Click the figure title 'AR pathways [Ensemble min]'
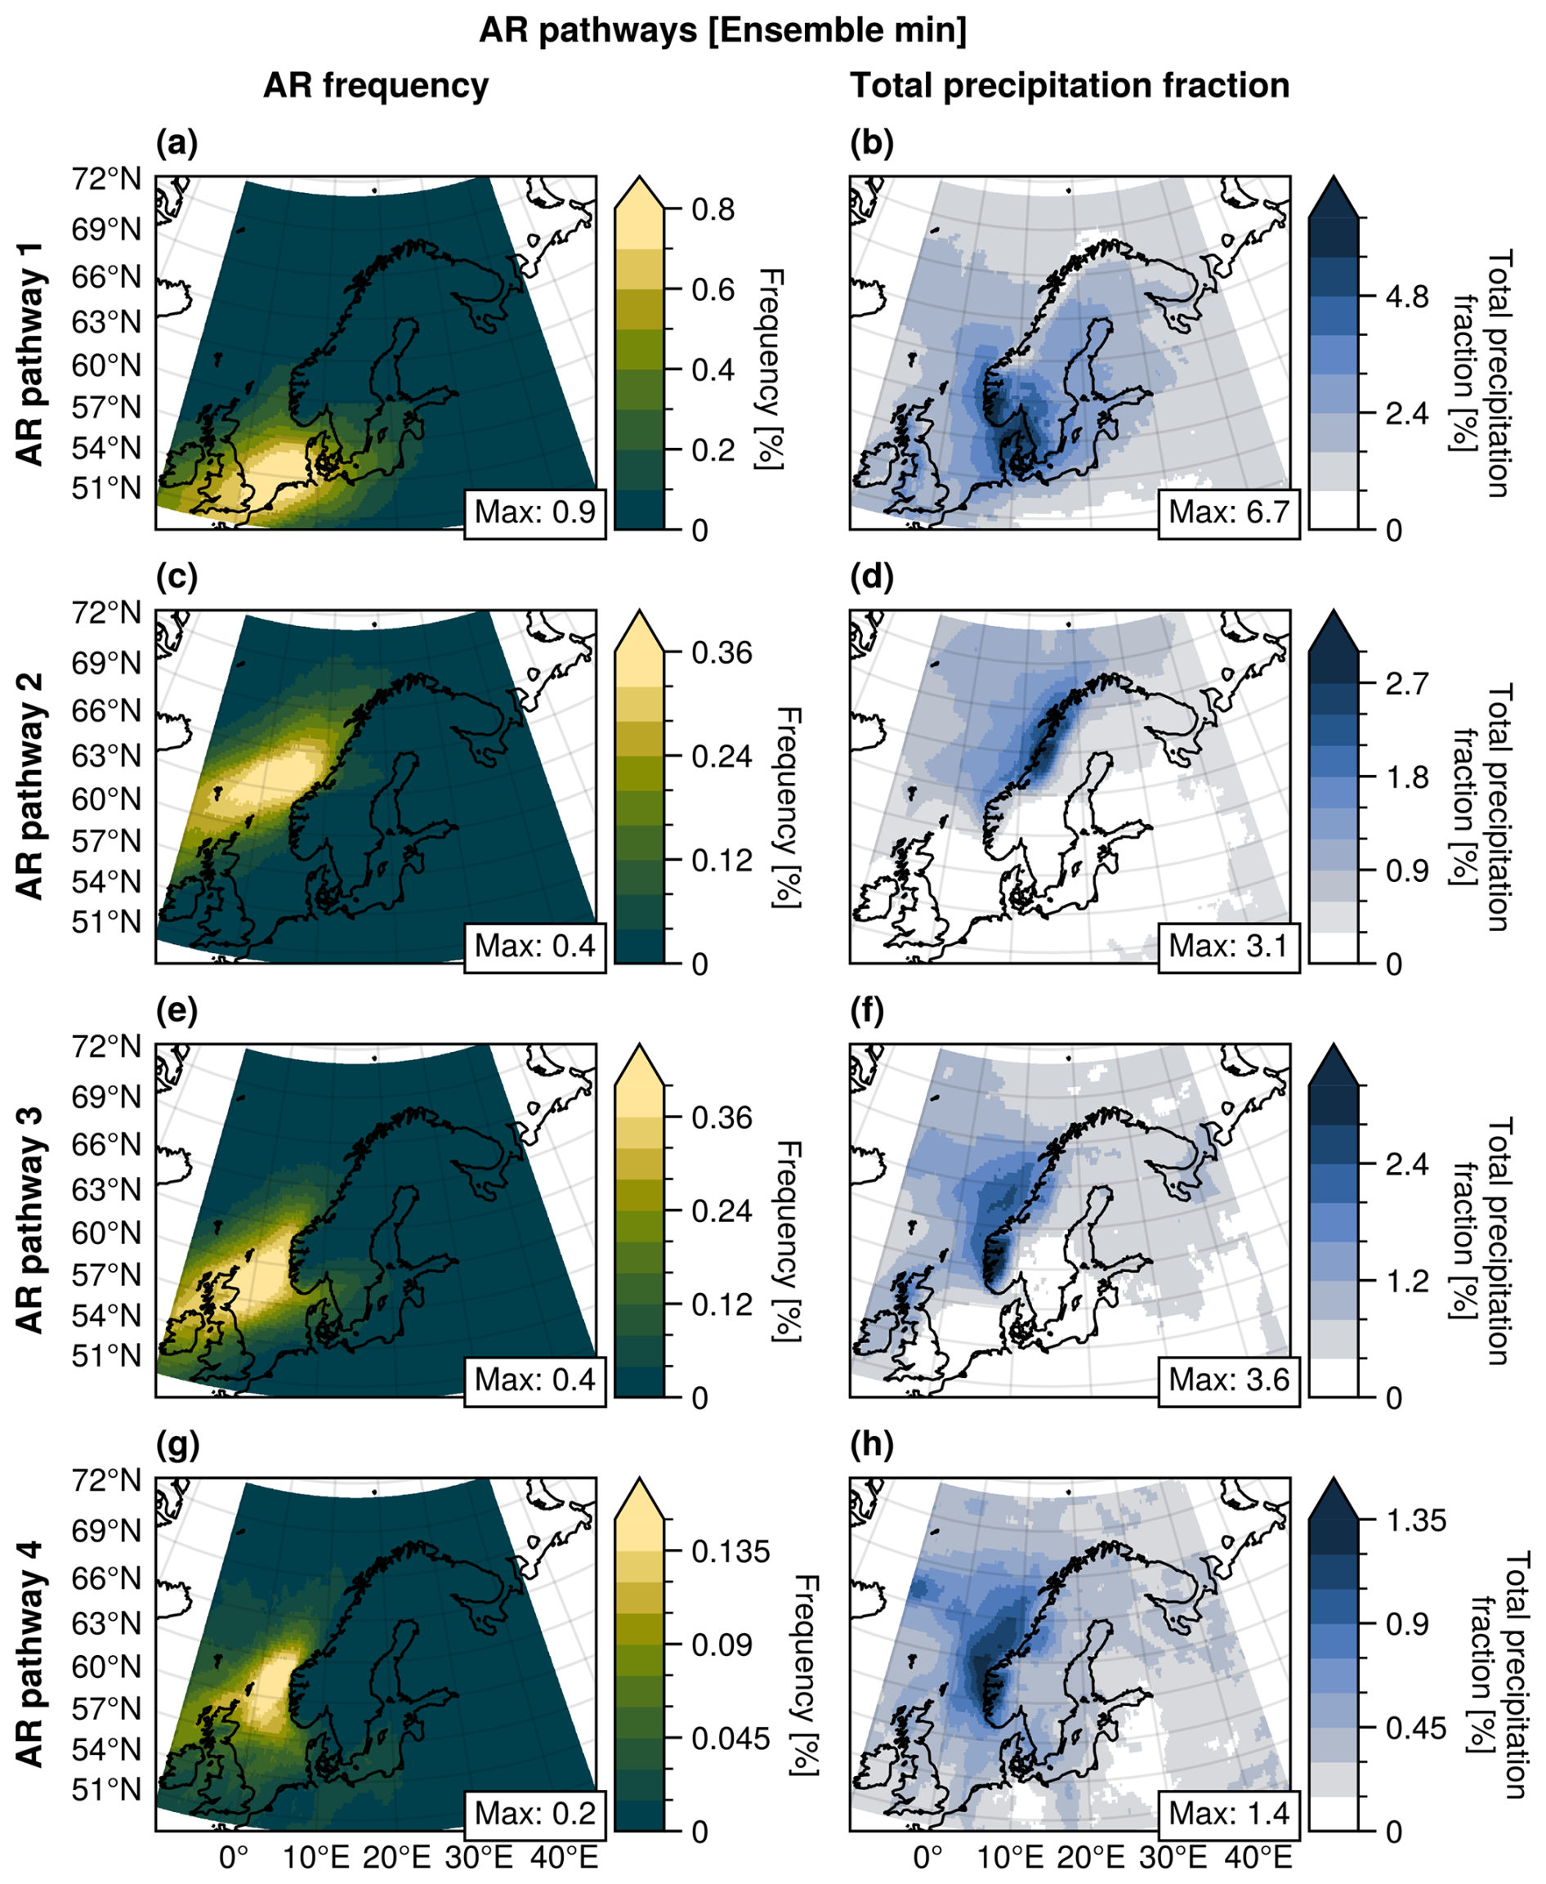coord(722,31)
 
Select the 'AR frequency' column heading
coord(376,87)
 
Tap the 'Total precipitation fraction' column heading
coord(1070,87)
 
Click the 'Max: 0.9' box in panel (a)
coord(534,512)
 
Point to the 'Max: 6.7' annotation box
coord(1229,512)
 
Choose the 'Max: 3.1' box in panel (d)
coord(1229,946)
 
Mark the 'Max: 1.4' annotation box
coord(1229,1813)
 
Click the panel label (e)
coord(176,1011)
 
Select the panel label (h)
coord(871,1445)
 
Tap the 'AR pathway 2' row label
coord(30,785)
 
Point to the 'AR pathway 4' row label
coord(30,1654)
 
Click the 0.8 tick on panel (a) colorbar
coord(713,210)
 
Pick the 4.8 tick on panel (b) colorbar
coord(1407,297)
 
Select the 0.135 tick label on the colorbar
coord(731,1551)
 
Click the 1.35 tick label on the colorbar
coord(1416,1519)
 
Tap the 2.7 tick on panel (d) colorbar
coord(1407,683)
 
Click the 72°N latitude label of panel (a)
coord(106,180)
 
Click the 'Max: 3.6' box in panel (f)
coord(1229,1380)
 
